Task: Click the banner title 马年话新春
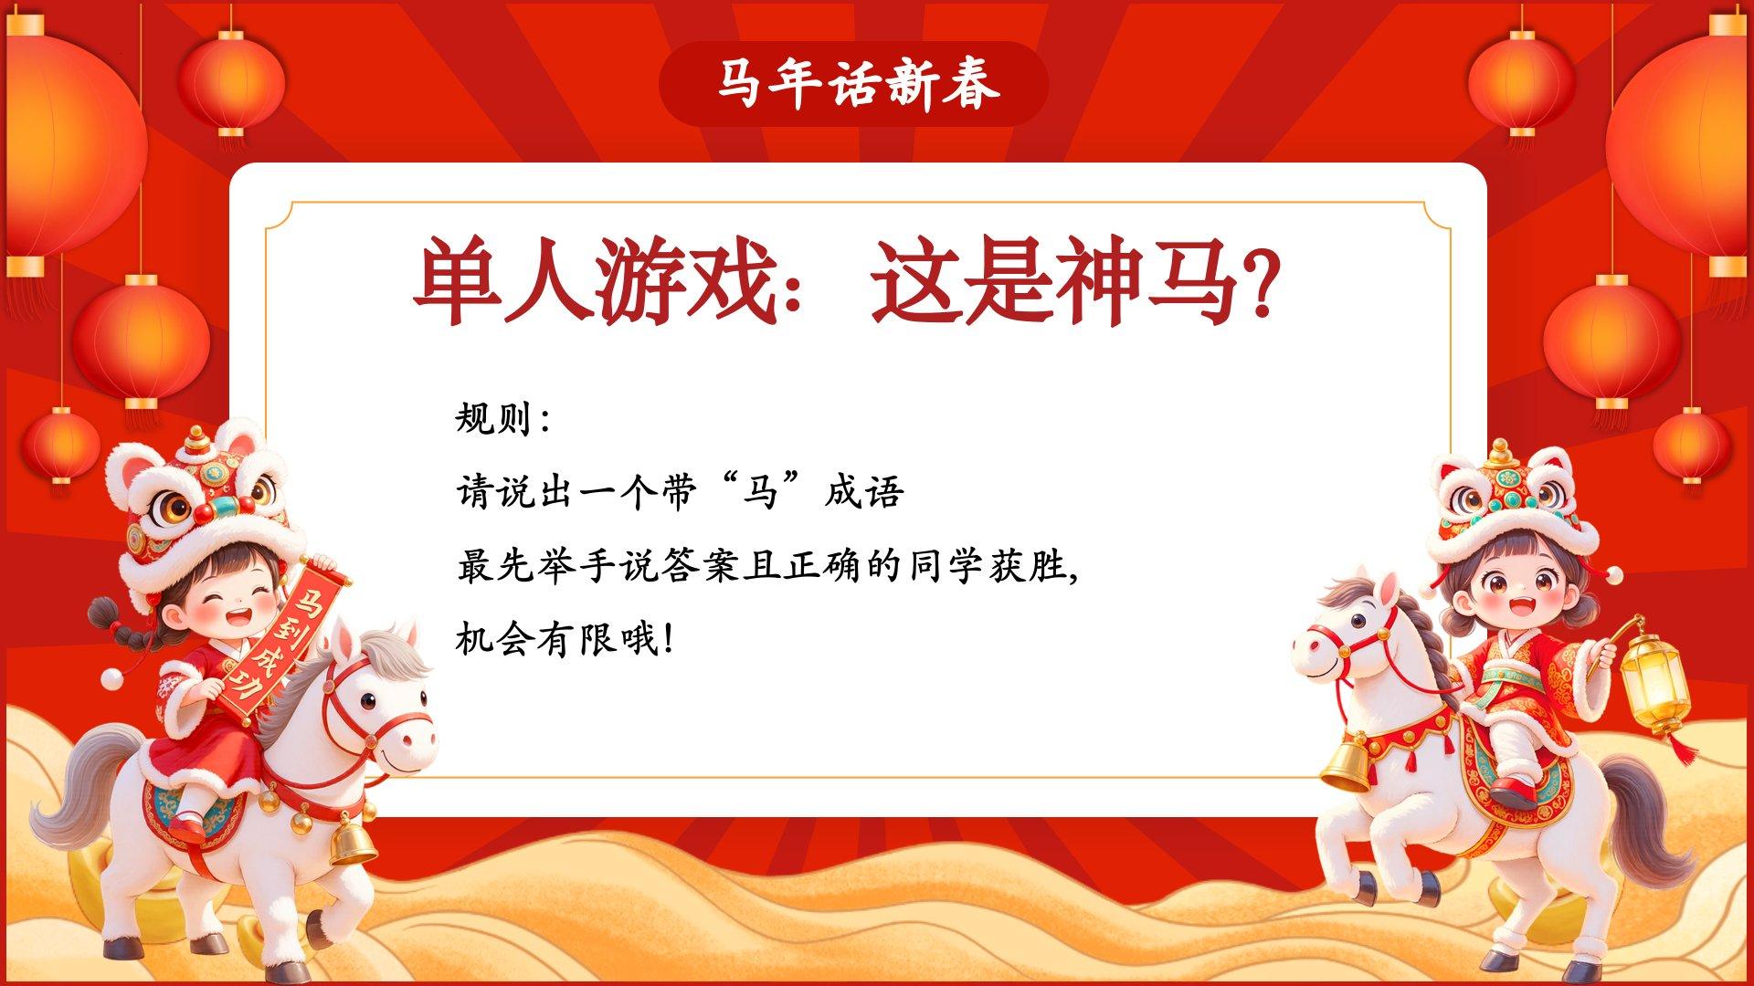click(856, 84)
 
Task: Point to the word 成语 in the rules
click(864, 493)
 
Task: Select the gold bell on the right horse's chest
click(1346, 763)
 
